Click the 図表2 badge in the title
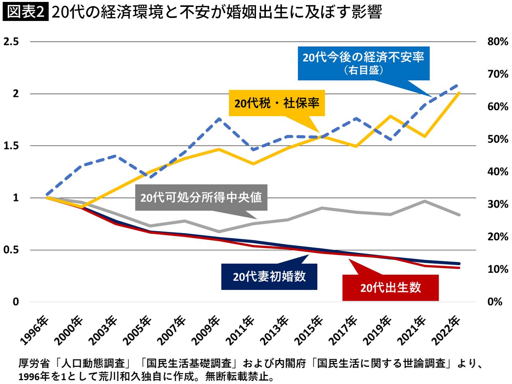pos(25,12)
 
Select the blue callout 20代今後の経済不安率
pos(363,63)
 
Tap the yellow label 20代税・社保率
pos(277,103)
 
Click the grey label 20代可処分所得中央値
pos(201,198)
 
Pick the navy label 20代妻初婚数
pos(269,277)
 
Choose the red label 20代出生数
pos(390,287)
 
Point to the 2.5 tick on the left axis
pos(11,41)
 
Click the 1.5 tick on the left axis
pos(11,146)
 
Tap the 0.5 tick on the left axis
pos(11,250)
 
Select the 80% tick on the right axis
pos(497,41)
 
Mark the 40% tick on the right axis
pos(497,172)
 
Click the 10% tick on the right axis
pos(497,269)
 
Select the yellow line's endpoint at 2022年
pos(459,93)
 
